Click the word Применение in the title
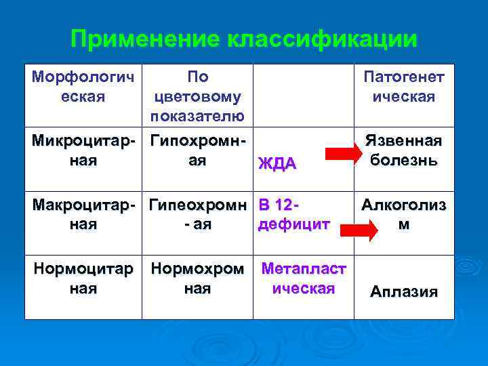pos(144,39)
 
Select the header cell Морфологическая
pos(83,86)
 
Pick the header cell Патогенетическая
pos(404,86)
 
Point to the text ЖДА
pos(278,163)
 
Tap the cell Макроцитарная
pos(83,213)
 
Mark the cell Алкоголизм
pos(404,213)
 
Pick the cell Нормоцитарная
pos(83,278)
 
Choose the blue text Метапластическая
pos(304,278)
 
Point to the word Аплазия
pos(404,292)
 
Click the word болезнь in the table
pos(404,161)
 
